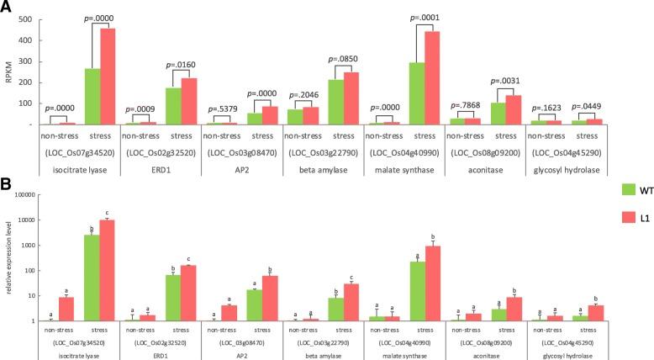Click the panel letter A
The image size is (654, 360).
coord(8,8)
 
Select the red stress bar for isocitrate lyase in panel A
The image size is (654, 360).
coord(113,77)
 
